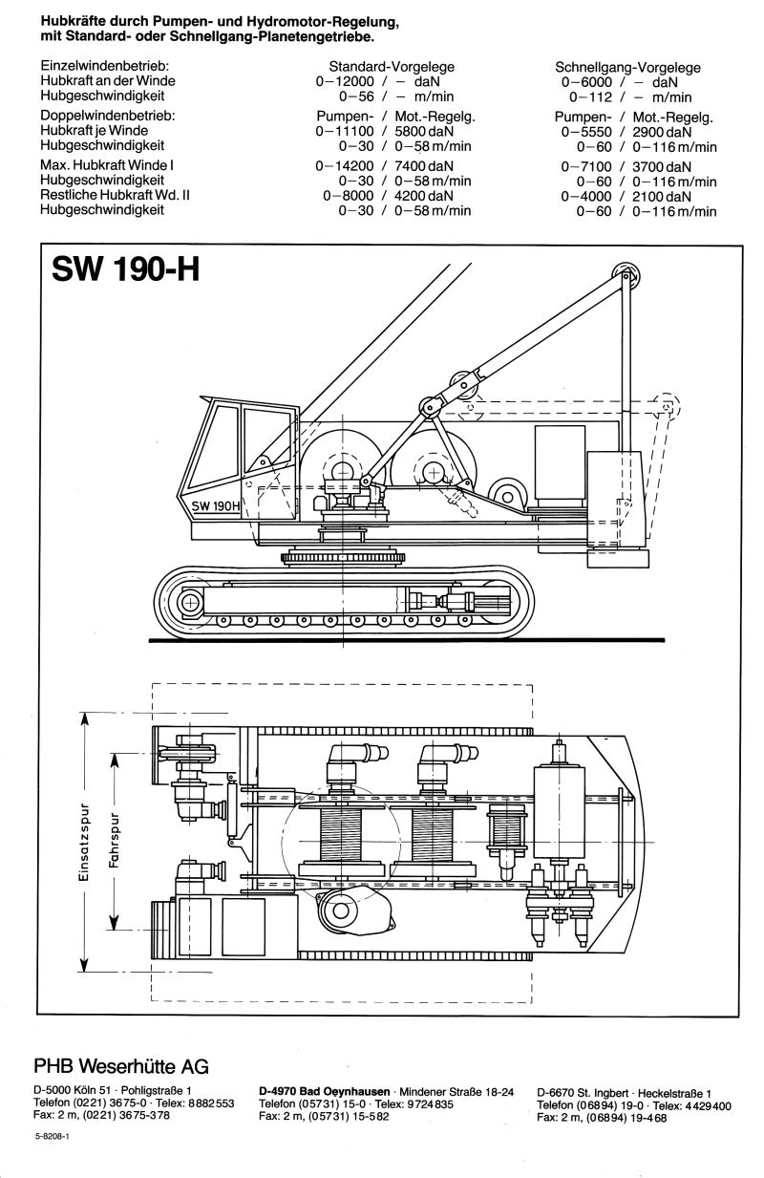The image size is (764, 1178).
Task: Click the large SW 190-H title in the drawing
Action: click(120, 273)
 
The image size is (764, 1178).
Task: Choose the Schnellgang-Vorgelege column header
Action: click(627, 68)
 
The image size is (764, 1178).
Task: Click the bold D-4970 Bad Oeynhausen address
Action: click(325, 1091)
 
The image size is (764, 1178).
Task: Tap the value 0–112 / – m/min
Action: click(630, 96)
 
